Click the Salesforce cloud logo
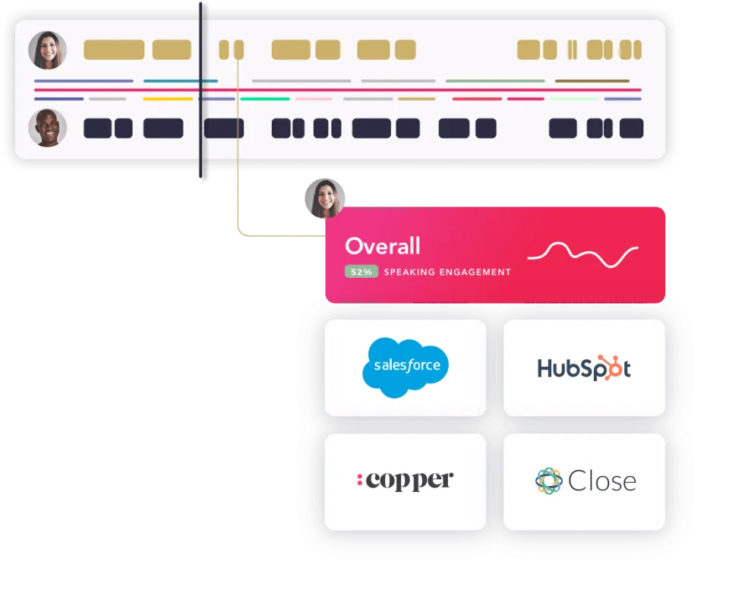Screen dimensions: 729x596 click(405, 367)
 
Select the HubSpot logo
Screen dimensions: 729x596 click(584, 368)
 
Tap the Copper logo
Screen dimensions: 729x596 click(405, 481)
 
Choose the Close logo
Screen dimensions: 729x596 click(585, 481)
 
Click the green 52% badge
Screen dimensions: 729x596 click(361, 272)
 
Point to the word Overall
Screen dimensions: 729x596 click(383, 246)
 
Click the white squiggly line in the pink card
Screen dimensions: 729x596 click(582, 255)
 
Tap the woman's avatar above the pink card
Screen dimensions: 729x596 click(324, 198)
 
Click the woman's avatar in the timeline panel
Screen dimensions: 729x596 click(47, 50)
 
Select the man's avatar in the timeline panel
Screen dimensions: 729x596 click(47, 128)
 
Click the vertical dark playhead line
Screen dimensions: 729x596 click(200, 90)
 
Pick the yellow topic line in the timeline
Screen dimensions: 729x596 click(168, 99)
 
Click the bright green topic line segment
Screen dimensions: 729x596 click(265, 99)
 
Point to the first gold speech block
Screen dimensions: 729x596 click(114, 50)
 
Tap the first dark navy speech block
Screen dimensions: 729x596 click(98, 128)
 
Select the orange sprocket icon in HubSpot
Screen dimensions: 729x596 click(610, 367)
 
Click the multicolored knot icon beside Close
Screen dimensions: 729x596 click(549, 481)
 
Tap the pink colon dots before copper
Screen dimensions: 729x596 click(359, 480)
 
